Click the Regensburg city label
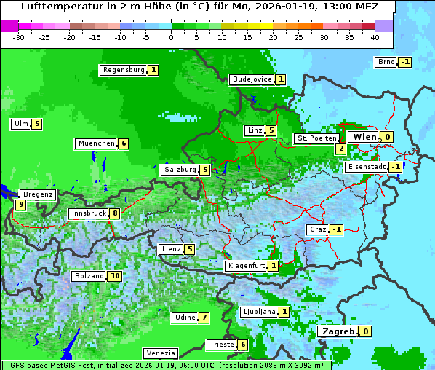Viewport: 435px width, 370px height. click(123, 70)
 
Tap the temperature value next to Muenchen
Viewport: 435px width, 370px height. click(124, 143)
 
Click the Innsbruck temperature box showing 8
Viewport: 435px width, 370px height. click(115, 213)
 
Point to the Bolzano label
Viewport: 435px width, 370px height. click(89, 277)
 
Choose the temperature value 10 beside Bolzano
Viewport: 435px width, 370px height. click(115, 277)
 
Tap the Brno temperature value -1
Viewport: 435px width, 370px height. click(404, 62)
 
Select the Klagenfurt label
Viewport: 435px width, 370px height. click(245, 266)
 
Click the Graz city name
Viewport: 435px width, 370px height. click(318, 229)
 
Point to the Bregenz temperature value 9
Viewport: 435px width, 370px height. click(20, 205)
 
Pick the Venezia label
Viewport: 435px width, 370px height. click(160, 353)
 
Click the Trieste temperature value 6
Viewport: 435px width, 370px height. click(243, 345)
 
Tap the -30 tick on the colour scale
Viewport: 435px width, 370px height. click(19, 36)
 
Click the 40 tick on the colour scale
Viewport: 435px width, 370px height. click(375, 36)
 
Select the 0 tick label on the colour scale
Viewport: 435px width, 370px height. click(171, 36)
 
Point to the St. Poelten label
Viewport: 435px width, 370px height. click(316, 138)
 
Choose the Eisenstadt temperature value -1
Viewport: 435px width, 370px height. click(395, 167)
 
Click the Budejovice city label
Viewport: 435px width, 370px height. click(252, 79)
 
